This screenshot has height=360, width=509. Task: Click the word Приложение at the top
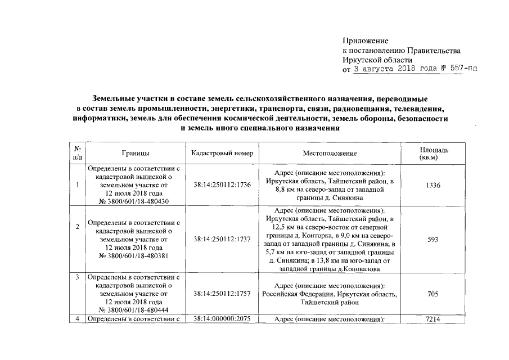(366, 40)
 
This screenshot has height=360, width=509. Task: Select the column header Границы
(134, 153)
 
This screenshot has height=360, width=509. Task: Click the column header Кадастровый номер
(222, 153)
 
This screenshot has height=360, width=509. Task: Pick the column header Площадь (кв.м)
(434, 153)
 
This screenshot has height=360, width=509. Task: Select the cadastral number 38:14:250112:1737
(222, 238)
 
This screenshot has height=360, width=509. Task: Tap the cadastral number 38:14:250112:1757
(222, 294)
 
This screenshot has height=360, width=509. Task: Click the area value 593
(434, 238)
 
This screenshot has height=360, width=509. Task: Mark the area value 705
(434, 294)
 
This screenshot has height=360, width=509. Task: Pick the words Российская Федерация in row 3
(296, 294)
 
